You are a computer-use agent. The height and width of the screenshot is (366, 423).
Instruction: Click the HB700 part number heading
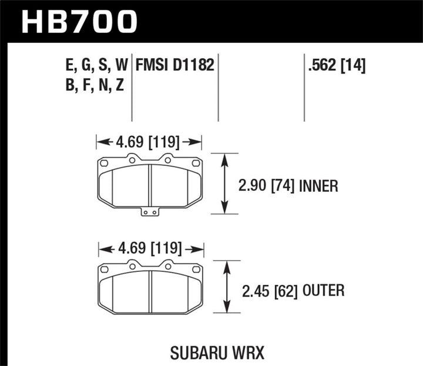pos(79,22)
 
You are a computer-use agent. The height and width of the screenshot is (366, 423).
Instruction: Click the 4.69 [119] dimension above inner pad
pos(149,141)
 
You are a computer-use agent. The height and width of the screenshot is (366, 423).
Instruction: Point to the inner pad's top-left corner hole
pos(103,164)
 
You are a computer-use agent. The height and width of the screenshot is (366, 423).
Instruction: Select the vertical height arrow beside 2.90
pos(224,184)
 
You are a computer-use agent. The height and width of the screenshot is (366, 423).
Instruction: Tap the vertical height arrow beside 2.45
pos(226,287)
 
